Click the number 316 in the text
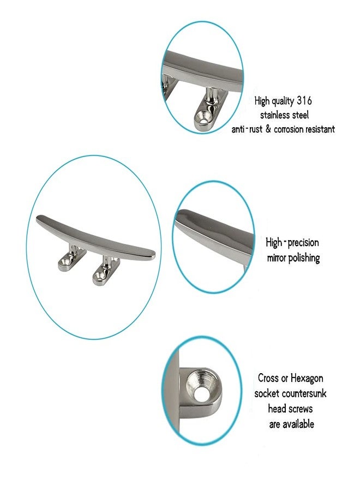click(304, 101)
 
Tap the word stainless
click(275, 115)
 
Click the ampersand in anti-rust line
click(268, 129)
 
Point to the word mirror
click(277, 259)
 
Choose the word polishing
click(304, 259)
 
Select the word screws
click(301, 409)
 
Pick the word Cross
click(268, 378)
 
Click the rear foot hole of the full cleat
click(65, 262)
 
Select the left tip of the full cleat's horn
click(38, 219)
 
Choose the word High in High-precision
click(274, 243)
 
